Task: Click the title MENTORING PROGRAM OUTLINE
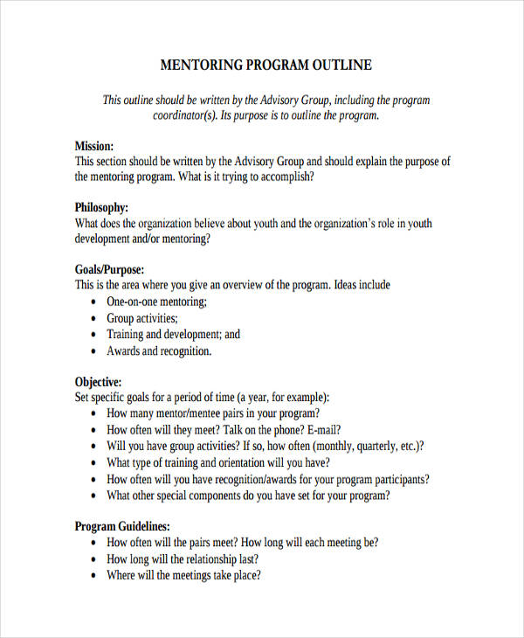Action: coord(266,66)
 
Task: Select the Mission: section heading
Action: coord(94,146)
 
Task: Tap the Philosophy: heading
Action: coord(101,208)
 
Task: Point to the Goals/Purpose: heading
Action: coord(109,270)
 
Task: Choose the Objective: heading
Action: coord(98,382)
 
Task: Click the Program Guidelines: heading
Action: coord(122,527)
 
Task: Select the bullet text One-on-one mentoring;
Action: coord(157,302)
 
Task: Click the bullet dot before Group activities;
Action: coord(94,319)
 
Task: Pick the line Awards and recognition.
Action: coord(159,351)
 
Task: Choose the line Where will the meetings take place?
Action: coord(184,576)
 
